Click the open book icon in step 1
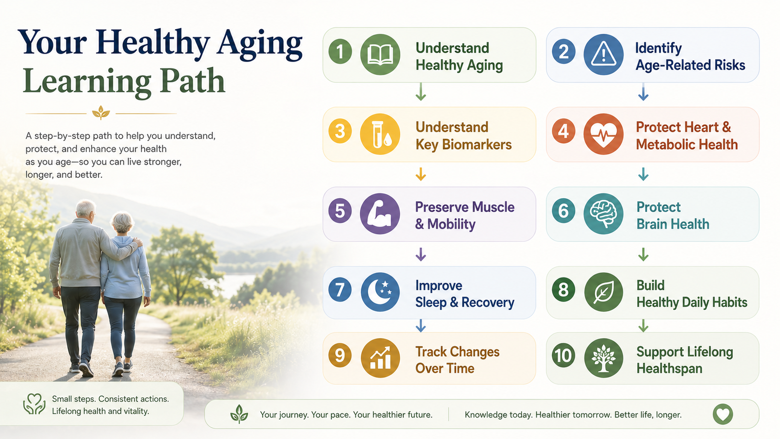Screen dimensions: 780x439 [380, 55]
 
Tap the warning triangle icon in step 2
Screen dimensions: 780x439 [604, 55]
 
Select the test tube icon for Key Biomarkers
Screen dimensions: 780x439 [380, 134]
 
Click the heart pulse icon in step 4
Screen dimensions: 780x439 [604, 134]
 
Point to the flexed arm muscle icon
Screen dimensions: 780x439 [380, 214]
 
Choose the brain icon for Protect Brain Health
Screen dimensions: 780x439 [604, 214]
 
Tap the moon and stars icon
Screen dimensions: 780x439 [380, 292]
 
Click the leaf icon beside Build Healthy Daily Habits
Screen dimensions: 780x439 [604, 292]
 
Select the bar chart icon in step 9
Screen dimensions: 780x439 [380, 358]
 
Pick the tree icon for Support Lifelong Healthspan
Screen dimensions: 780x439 [604, 358]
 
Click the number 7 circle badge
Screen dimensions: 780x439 [340, 290]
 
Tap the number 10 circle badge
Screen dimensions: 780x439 [564, 356]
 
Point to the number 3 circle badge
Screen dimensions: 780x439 [340, 131]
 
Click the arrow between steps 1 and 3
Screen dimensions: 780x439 [421, 92]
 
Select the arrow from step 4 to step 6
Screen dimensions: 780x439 [643, 174]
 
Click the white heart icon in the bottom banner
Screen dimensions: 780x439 [722, 414]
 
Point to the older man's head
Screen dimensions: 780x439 [86, 209]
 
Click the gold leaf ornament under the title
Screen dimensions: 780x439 [101, 113]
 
